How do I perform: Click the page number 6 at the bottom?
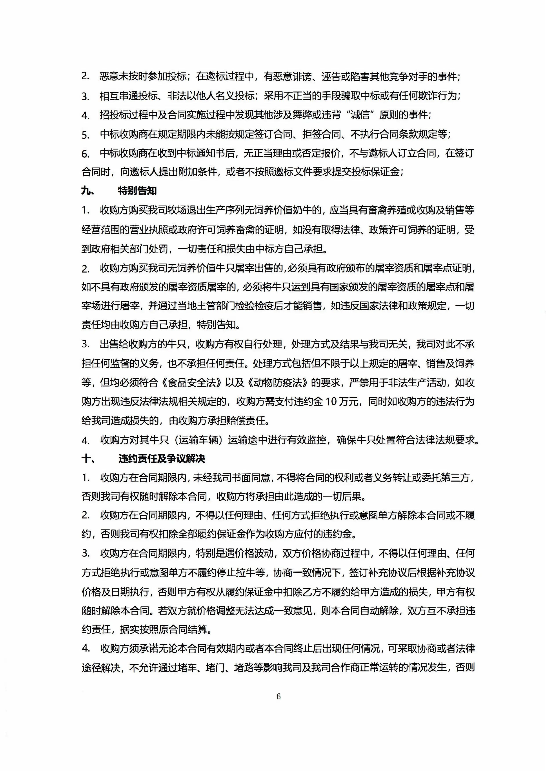[x=278, y=697]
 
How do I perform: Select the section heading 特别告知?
[x=137, y=191]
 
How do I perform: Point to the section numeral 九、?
[x=88, y=191]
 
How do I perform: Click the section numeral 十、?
[x=88, y=459]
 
